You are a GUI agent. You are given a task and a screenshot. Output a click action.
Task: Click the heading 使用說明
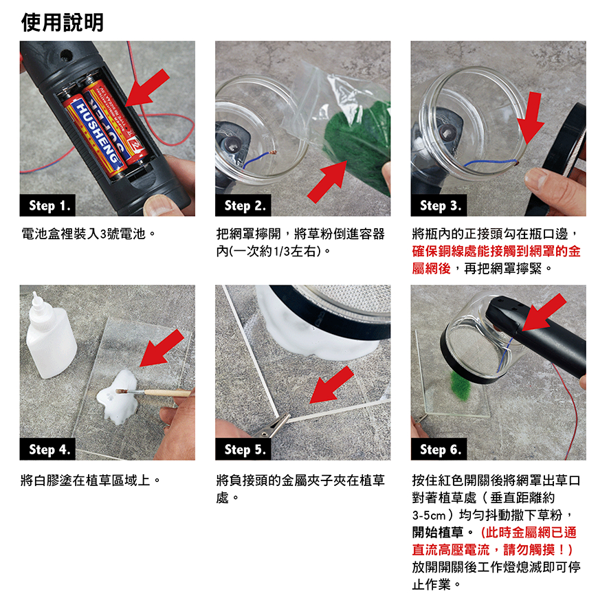[62, 22]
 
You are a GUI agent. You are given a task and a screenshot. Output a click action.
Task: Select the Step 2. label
[243, 206]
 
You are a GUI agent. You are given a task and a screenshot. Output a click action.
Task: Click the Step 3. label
[439, 206]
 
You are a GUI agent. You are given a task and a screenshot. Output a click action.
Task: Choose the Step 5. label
[243, 450]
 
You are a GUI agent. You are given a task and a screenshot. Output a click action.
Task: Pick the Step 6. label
[439, 450]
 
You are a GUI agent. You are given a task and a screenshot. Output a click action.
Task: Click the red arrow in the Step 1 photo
[148, 88]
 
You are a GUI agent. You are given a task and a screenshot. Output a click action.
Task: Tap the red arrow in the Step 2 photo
[327, 181]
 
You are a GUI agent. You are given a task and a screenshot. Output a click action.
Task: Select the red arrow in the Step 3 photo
[531, 118]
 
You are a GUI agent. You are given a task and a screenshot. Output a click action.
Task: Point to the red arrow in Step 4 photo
[162, 348]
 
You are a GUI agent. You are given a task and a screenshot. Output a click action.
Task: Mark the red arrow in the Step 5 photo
[332, 385]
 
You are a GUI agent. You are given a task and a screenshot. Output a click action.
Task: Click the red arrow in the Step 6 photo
[544, 312]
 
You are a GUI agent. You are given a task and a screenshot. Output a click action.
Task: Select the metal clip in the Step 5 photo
[271, 426]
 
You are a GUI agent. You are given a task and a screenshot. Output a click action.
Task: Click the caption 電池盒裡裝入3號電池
[89, 234]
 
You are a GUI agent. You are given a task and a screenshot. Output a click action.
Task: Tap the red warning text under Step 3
[496, 259]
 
